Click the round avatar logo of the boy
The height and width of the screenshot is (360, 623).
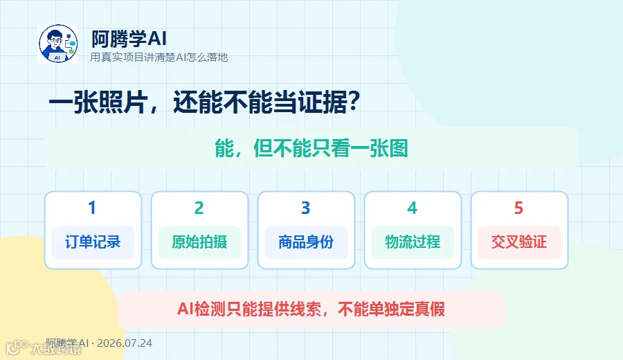coord(57,44)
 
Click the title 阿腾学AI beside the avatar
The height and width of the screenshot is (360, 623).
coord(129,39)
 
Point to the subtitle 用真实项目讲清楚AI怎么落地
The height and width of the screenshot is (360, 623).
coord(159,57)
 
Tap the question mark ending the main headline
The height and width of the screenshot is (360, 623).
coord(353,102)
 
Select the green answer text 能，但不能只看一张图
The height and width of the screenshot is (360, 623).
coord(311,149)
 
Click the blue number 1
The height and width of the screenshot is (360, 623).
coord(92,208)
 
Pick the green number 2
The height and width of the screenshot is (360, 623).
coord(199,208)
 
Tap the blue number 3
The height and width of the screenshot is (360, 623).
coord(305,208)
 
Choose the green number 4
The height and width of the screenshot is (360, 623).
coord(412,208)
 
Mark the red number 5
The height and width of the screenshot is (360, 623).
coord(518,208)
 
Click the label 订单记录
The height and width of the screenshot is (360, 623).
coord(93,242)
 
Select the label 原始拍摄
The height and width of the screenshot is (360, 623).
coord(199,242)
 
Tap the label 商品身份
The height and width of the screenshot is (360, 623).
coord(306,242)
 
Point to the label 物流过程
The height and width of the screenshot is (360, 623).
coord(413,242)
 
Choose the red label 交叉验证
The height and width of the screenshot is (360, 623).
coord(519,242)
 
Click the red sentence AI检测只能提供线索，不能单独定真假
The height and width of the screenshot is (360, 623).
coord(311,309)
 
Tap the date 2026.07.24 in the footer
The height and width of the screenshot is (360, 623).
coord(125,343)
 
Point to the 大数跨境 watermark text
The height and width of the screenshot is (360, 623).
coord(56,348)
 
